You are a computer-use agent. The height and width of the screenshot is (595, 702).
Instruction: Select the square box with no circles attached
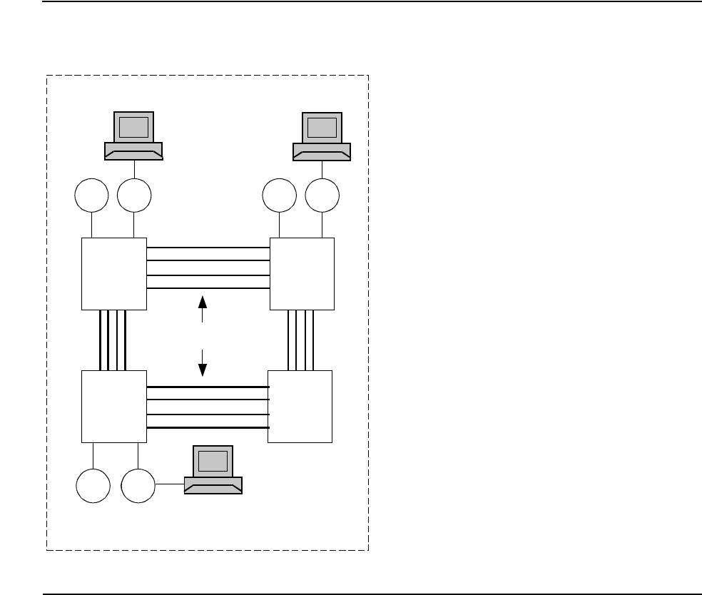pyautogui.click(x=300, y=407)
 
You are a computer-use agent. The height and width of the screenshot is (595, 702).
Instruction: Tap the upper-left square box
pyautogui.click(x=114, y=273)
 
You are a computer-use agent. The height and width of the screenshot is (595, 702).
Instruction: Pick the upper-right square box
pyautogui.click(x=302, y=273)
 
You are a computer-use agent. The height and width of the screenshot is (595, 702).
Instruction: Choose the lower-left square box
pyautogui.click(x=114, y=407)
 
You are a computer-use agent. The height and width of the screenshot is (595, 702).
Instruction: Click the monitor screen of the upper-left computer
pyautogui.click(x=133, y=127)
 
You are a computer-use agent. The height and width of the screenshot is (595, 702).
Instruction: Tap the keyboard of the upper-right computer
pyautogui.click(x=322, y=151)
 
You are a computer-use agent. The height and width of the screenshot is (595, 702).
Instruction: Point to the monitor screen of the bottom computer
pyautogui.click(x=213, y=462)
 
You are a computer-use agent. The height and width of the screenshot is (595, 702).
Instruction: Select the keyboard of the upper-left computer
pyautogui.click(x=133, y=151)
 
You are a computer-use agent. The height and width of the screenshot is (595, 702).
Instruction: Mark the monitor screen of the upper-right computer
pyautogui.click(x=322, y=127)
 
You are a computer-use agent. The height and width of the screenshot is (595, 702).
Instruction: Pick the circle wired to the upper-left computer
pyautogui.click(x=135, y=196)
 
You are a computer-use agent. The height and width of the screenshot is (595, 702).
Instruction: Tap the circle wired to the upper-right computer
pyautogui.click(x=323, y=196)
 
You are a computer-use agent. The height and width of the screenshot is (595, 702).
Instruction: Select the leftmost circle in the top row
pyautogui.click(x=92, y=196)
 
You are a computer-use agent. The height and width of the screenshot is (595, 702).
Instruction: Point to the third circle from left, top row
pyautogui.click(x=280, y=196)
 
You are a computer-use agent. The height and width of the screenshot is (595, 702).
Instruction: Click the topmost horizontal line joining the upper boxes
pyautogui.click(x=208, y=248)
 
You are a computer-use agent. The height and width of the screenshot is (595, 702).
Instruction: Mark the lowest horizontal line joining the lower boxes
pyautogui.click(x=207, y=427)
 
